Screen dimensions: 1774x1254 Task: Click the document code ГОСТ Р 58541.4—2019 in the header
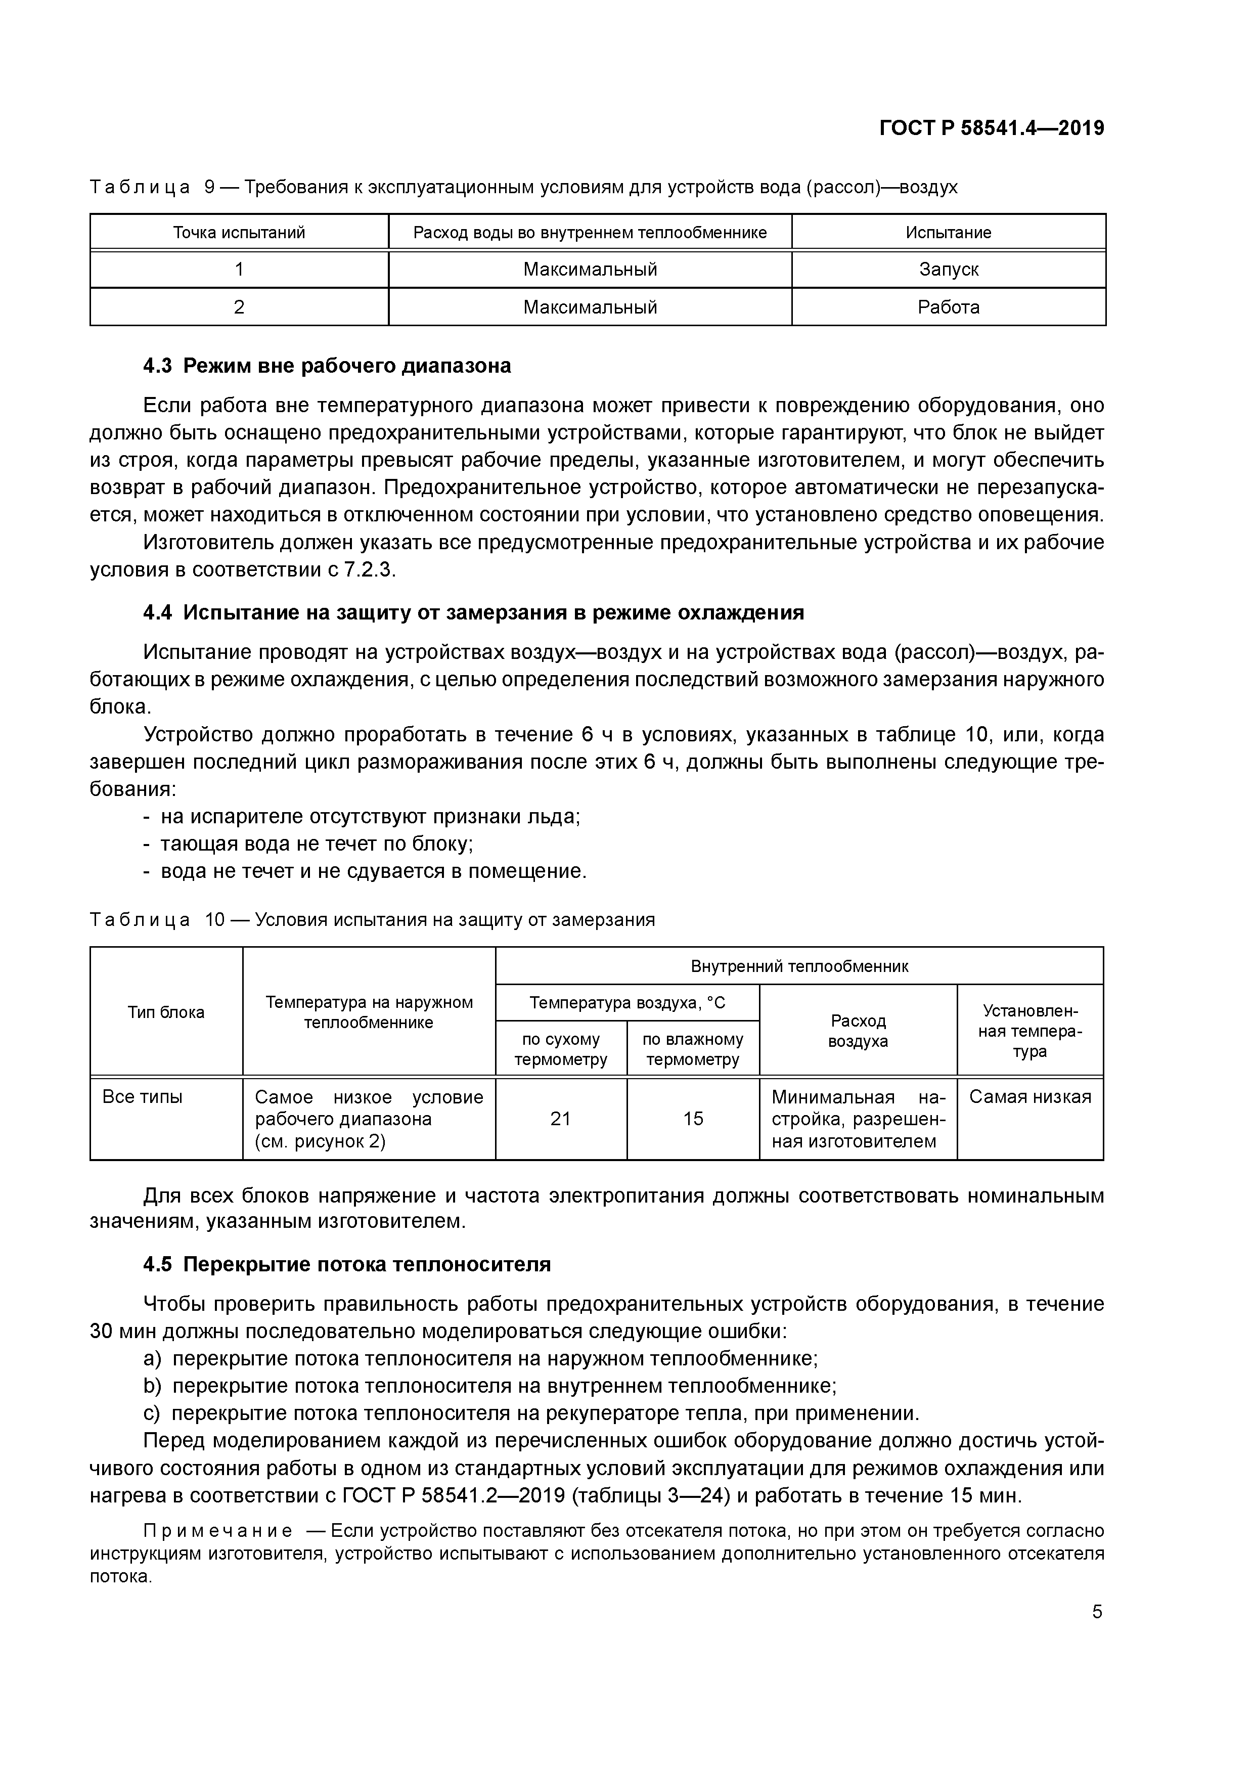(x=992, y=128)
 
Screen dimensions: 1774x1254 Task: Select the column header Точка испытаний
(x=239, y=233)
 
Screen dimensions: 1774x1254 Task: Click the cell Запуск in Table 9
(x=948, y=270)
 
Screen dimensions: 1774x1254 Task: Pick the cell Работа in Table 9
(x=948, y=307)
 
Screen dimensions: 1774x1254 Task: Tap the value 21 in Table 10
(x=560, y=1119)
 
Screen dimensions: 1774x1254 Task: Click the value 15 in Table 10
(x=693, y=1119)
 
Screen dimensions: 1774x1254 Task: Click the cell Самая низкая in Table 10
(x=1030, y=1097)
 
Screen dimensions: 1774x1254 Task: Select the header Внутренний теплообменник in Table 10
(x=799, y=966)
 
